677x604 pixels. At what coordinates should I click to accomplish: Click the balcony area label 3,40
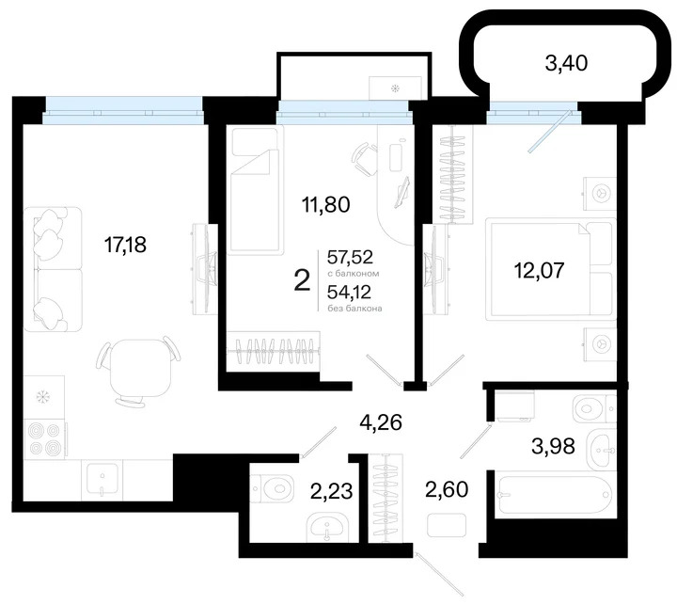coord(566,63)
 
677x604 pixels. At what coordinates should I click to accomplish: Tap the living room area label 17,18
coord(125,245)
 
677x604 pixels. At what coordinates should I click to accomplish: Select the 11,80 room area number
coord(325,204)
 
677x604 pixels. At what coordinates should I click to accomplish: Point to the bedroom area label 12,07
coord(540,270)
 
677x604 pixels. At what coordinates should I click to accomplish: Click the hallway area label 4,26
coord(381,422)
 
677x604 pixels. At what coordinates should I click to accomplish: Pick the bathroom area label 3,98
coord(553,446)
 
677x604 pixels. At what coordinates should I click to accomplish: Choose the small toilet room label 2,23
coord(332,491)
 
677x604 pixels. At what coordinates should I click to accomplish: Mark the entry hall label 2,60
coord(447,489)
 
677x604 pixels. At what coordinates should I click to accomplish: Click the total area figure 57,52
coord(350,258)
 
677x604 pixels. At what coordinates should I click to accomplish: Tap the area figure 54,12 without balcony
coord(349,293)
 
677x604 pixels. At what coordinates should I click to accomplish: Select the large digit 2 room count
coord(302,280)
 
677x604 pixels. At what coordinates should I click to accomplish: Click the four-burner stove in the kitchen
coord(45,439)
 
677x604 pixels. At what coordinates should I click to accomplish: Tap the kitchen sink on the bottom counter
coord(102,480)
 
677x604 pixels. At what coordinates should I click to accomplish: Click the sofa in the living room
coord(53,269)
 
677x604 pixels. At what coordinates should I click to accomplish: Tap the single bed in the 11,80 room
coord(255,189)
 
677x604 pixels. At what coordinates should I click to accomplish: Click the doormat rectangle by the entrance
coord(447,525)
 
